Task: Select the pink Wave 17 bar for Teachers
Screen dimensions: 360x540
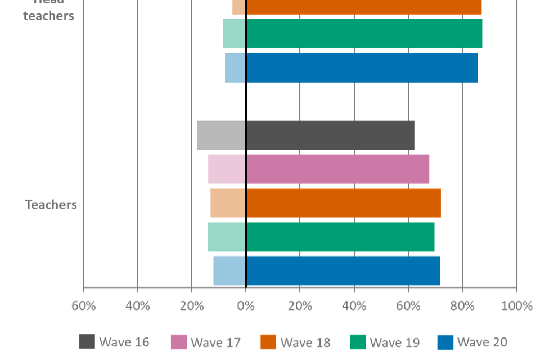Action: pyautogui.click(x=318, y=169)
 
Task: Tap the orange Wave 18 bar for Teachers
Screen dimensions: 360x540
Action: pyautogui.click(x=325, y=202)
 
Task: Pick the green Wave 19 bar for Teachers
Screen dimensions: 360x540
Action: pyautogui.click(x=321, y=236)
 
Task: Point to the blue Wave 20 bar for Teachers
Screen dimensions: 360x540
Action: pyautogui.click(x=326, y=270)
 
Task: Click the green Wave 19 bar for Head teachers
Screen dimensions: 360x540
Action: pyautogui.click(x=352, y=33)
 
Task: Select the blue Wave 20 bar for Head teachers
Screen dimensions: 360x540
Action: pyautogui.click(x=351, y=67)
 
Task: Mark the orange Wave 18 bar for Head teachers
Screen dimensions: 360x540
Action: pyautogui.click(x=357, y=7)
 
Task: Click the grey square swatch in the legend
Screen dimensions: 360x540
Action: pyautogui.click(x=87, y=341)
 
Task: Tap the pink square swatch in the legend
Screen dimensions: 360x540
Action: pyautogui.click(x=178, y=341)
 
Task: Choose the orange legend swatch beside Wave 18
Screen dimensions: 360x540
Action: pyautogui.click(x=268, y=341)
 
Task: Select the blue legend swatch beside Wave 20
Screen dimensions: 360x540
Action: pyautogui.click(x=445, y=341)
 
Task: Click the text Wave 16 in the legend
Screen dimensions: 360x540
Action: pyautogui.click(x=124, y=342)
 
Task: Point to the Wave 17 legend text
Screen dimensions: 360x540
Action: pyautogui.click(x=215, y=342)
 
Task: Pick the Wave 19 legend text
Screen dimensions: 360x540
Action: pyautogui.click(x=394, y=342)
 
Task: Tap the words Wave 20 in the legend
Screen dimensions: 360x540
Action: pyautogui.click(x=482, y=342)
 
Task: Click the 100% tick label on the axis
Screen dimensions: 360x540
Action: pyautogui.click(x=516, y=306)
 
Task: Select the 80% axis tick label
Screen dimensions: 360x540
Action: pyautogui.click(x=462, y=306)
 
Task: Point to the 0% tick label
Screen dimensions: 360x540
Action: pyautogui.click(x=246, y=306)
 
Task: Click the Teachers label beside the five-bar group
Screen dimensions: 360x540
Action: pyautogui.click(x=51, y=204)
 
